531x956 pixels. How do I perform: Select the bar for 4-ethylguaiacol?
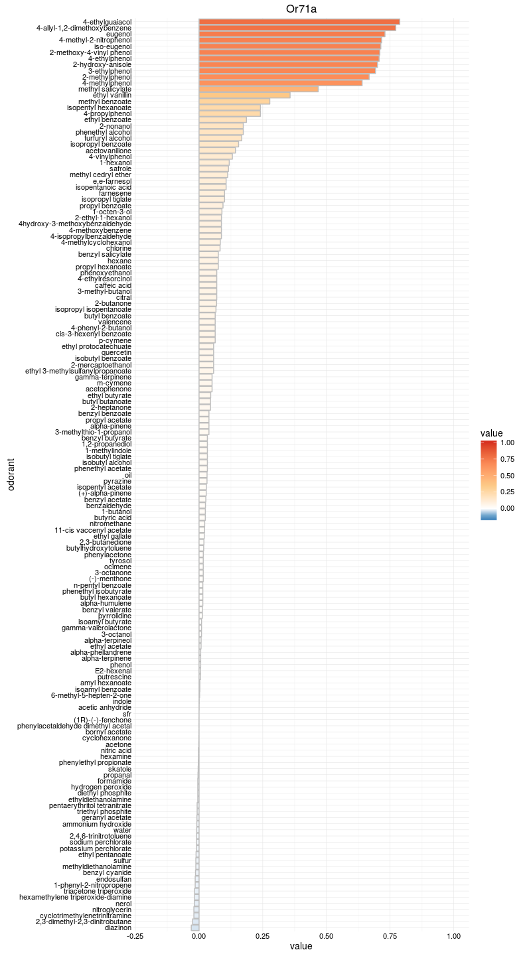tap(299, 22)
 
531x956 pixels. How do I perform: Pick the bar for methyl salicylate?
tap(258, 89)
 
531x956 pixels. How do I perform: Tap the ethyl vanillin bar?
tap(244, 96)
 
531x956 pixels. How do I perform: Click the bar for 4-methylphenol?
tap(280, 83)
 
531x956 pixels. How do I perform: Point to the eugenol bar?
tap(291, 34)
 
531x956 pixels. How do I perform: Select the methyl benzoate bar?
tap(234, 102)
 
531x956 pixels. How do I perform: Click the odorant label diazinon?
tap(118, 927)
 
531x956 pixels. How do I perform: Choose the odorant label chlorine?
tap(119, 248)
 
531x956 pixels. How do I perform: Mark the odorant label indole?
tap(122, 701)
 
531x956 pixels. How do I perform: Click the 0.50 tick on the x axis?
tap(326, 936)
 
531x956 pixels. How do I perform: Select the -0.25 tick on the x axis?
tap(135, 936)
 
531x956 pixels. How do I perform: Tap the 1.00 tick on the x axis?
tap(453, 936)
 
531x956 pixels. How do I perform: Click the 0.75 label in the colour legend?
tap(507, 459)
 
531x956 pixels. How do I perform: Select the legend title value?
tap(491, 433)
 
